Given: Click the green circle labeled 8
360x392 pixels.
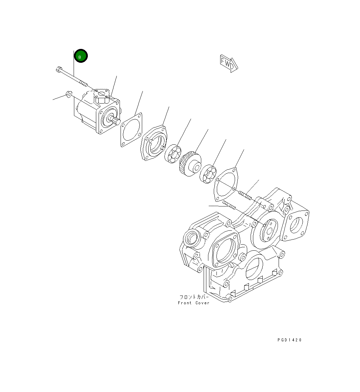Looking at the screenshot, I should [81, 56].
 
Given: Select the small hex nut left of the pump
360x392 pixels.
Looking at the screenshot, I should [68, 94].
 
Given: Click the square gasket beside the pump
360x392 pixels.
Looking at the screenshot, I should [131, 130].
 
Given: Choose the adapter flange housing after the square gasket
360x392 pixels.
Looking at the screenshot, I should [154, 143].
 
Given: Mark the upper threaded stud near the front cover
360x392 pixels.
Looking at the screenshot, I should [245, 195].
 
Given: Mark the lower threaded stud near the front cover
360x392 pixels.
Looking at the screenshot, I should [229, 205].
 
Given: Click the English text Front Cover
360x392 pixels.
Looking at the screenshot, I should [194, 303].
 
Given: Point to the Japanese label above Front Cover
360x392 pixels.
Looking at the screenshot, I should [194, 297].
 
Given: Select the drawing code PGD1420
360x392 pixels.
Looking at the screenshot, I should [289, 340].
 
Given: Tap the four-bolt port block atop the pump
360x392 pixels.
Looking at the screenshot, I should [101, 95].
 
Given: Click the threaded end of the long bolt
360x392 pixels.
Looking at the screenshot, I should [83, 83].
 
